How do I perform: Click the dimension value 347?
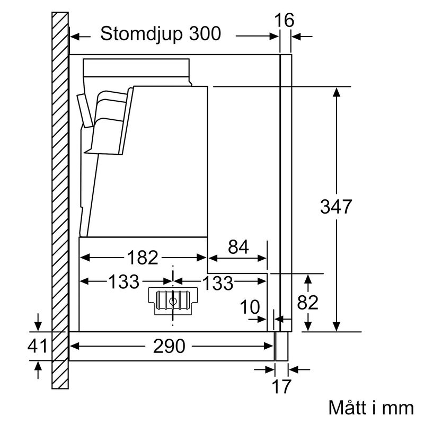336,207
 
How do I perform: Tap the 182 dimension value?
143,258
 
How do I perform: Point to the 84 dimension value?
238,246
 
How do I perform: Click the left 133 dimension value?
124,282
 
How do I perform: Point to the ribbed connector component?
174,300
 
